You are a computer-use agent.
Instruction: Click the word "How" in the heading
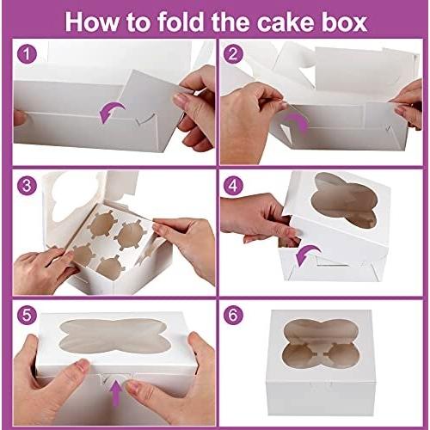[x=93, y=22]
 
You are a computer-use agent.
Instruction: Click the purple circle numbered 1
[x=27, y=53]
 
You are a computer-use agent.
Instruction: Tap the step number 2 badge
[x=233, y=53]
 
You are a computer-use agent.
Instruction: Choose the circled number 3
[x=27, y=186]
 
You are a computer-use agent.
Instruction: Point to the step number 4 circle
[x=233, y=186]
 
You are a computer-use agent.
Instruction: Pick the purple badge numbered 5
[x=27, y=316]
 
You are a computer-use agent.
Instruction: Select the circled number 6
[x=233, y=315]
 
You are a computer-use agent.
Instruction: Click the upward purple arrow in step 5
[x=116, y=393]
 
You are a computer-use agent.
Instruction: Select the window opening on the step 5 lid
[x=114, y=335]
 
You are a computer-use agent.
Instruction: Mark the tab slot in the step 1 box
[x=146, y=119]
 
